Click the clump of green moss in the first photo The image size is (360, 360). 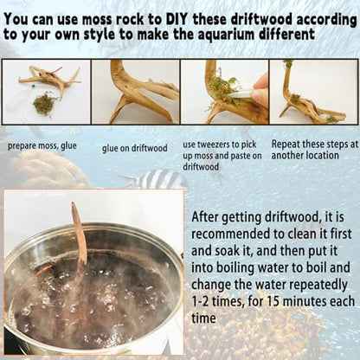point(44,103)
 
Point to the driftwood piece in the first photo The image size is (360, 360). point(49,79)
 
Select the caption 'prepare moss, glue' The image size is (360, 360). point(42,146)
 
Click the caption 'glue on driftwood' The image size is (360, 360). point(134,148)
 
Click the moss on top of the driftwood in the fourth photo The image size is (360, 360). point(287,63)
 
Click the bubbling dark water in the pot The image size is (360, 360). point(95,297)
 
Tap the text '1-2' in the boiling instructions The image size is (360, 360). point(200,302)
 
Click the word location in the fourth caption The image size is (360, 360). point(322,155)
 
